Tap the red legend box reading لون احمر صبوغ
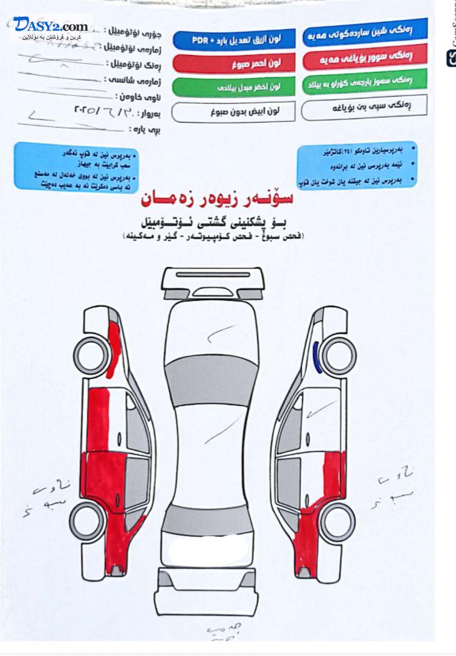coord(234,63)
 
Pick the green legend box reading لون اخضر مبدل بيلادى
coord(234,86)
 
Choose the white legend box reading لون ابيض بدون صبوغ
coord(234,111)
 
